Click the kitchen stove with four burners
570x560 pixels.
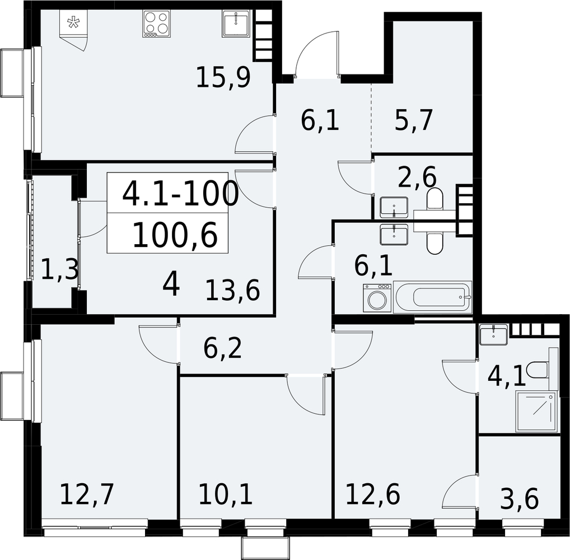156,24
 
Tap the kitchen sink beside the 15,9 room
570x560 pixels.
236,24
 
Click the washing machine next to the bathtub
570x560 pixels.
377,298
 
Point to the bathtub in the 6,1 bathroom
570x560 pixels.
433,297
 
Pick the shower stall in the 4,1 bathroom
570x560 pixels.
536,412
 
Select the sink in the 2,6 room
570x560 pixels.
394,207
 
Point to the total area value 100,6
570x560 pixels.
175,235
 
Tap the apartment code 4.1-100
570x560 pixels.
181,193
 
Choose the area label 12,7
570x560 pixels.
87,494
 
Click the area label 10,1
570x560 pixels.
226,494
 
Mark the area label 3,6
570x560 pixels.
519,500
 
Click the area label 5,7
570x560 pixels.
414,120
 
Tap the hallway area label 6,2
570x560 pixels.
222,349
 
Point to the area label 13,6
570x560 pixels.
233,290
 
